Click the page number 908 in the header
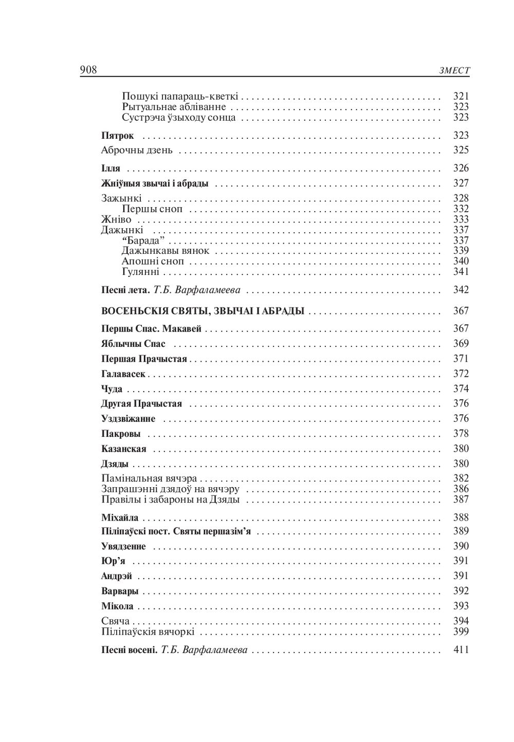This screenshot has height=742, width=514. (x=88, y=70)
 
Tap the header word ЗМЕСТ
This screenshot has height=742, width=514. (x=454, y=71)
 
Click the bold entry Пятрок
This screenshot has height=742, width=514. (x=118, y=136)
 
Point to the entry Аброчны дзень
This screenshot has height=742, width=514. (x=137, y=151)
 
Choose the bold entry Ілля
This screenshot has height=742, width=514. (x=111, y=169)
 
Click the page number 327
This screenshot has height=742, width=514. (x=461, y=183)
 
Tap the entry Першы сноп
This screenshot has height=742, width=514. (x=153, y=209)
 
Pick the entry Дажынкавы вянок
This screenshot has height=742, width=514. (x=166, y=251)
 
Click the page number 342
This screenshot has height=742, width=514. (x=461, y=290)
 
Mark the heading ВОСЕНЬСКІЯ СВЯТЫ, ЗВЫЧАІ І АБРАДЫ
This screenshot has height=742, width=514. (x=203, y=311)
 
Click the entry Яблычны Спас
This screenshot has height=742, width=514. (x=134, y=344)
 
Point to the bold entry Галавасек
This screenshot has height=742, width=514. (x=123, y=374)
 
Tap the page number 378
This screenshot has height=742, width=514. (x=461, y=434)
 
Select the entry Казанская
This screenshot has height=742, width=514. (x=124, y=449)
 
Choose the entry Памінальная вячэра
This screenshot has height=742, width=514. (x=149, y=479)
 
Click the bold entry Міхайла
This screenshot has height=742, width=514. (x=120, y=518)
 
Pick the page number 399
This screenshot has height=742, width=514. (x=461, y=632)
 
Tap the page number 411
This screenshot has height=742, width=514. (x=461, y=650)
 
